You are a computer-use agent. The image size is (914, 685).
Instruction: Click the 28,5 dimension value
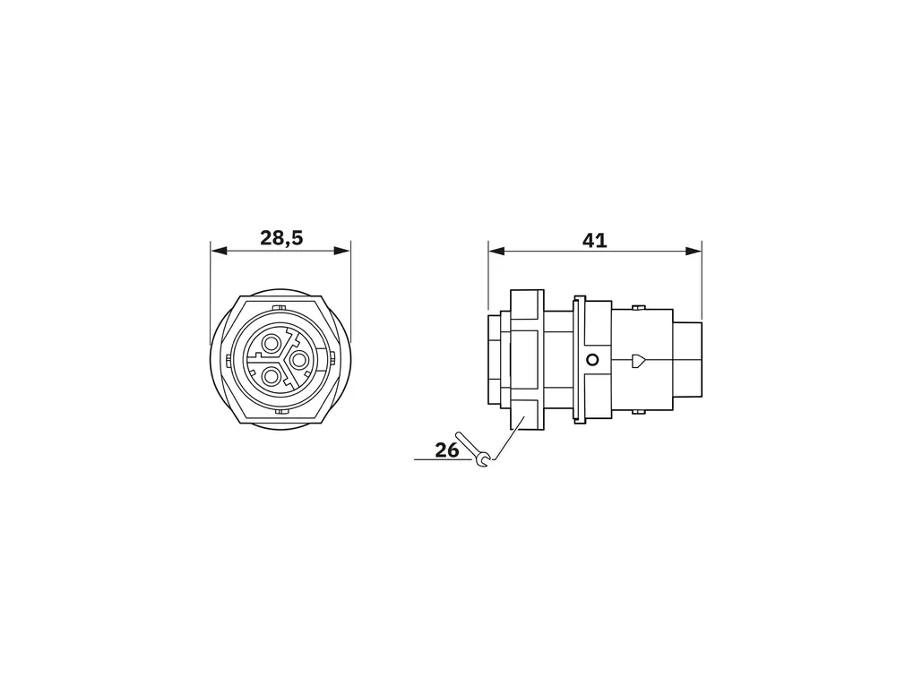[x=281, y=237]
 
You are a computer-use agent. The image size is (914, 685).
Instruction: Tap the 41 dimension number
[x=595, y=240]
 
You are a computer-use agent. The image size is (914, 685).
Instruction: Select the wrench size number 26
[x=447, y=450]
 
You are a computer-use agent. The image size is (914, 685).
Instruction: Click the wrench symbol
[x=475, y=450]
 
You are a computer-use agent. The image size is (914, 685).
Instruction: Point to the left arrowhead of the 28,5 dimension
[x=218, y=251]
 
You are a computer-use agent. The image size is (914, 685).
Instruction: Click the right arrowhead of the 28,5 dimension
[x=342, y=251]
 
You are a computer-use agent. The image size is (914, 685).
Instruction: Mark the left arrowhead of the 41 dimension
[x=496, y=251]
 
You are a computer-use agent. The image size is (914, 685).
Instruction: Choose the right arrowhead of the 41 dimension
[x=694, y=251]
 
